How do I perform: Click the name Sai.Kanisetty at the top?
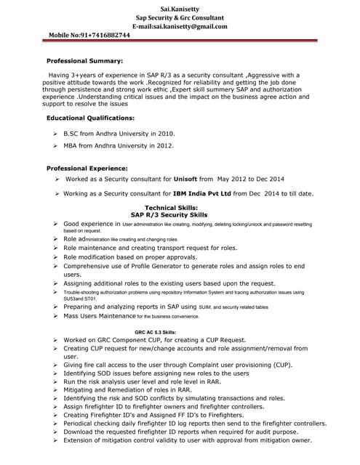pyautogui.click(x=180, y=7)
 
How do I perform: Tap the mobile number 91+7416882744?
pyautogui.click(x=106, y=35)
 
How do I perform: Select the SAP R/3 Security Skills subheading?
pyautogui.click(x=169, y=215)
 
